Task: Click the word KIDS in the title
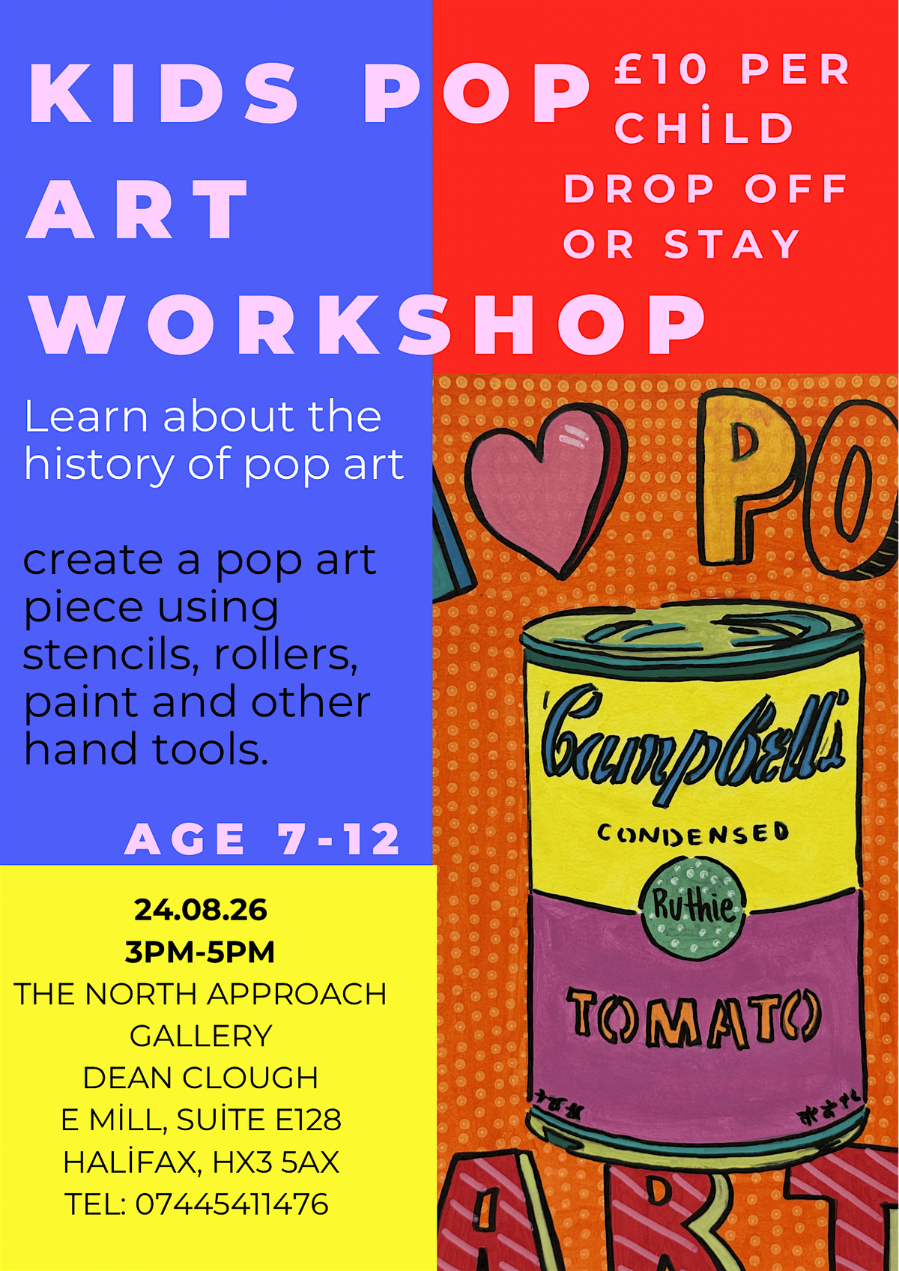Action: click(163, 94)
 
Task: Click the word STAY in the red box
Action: click(732, 244)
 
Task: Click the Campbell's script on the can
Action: click(693, 739)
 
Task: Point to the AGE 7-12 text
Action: click(263, 839)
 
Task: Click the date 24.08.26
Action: click(201, 910)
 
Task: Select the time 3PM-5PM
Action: click(200, 952)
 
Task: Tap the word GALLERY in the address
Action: click(201, 1036)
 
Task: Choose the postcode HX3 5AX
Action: click(276, 1162)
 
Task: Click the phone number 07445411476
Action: click(231, 1204)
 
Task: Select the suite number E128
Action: click(308, 1120)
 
